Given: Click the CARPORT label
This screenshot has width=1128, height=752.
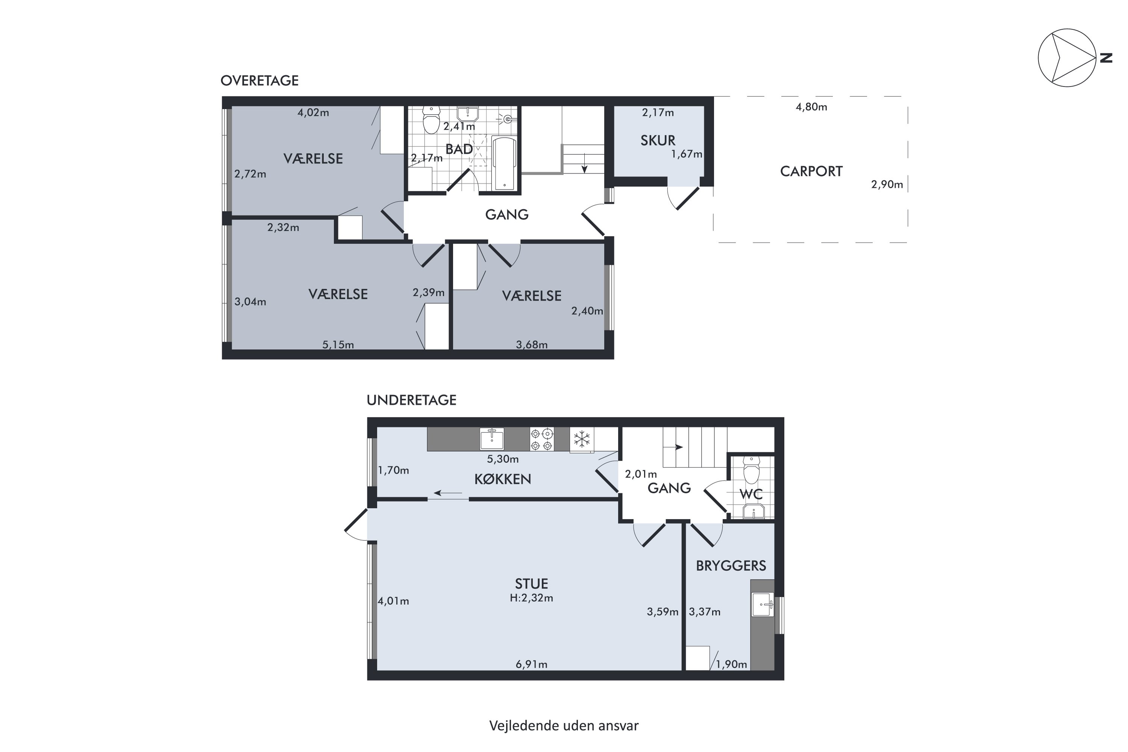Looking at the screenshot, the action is [811, 171].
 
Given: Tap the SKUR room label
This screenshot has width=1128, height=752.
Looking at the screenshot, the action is [658, 141].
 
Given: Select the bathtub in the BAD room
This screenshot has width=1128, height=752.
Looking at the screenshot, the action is [504, 163].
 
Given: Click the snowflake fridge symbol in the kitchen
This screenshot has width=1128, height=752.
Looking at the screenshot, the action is [582, 439].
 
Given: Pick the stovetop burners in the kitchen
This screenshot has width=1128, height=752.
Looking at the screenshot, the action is [541, 439].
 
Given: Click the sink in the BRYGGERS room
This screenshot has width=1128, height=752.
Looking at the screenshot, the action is [763, 604].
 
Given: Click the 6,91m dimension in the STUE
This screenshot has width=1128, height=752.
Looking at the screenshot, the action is [531, 664].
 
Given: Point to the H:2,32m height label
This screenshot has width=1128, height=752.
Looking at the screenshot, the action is [531, 598].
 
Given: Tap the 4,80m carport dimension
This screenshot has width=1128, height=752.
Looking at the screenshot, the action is [811, 107].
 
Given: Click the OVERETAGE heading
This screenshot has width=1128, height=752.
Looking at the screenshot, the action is [259, 80].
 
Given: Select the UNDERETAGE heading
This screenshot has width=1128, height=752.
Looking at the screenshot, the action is [411, 400].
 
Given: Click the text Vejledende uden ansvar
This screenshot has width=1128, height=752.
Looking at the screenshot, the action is [564, 726].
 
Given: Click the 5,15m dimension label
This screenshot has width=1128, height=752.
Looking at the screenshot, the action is [338, 344].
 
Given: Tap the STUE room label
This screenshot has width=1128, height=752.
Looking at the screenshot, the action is [531, 584].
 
